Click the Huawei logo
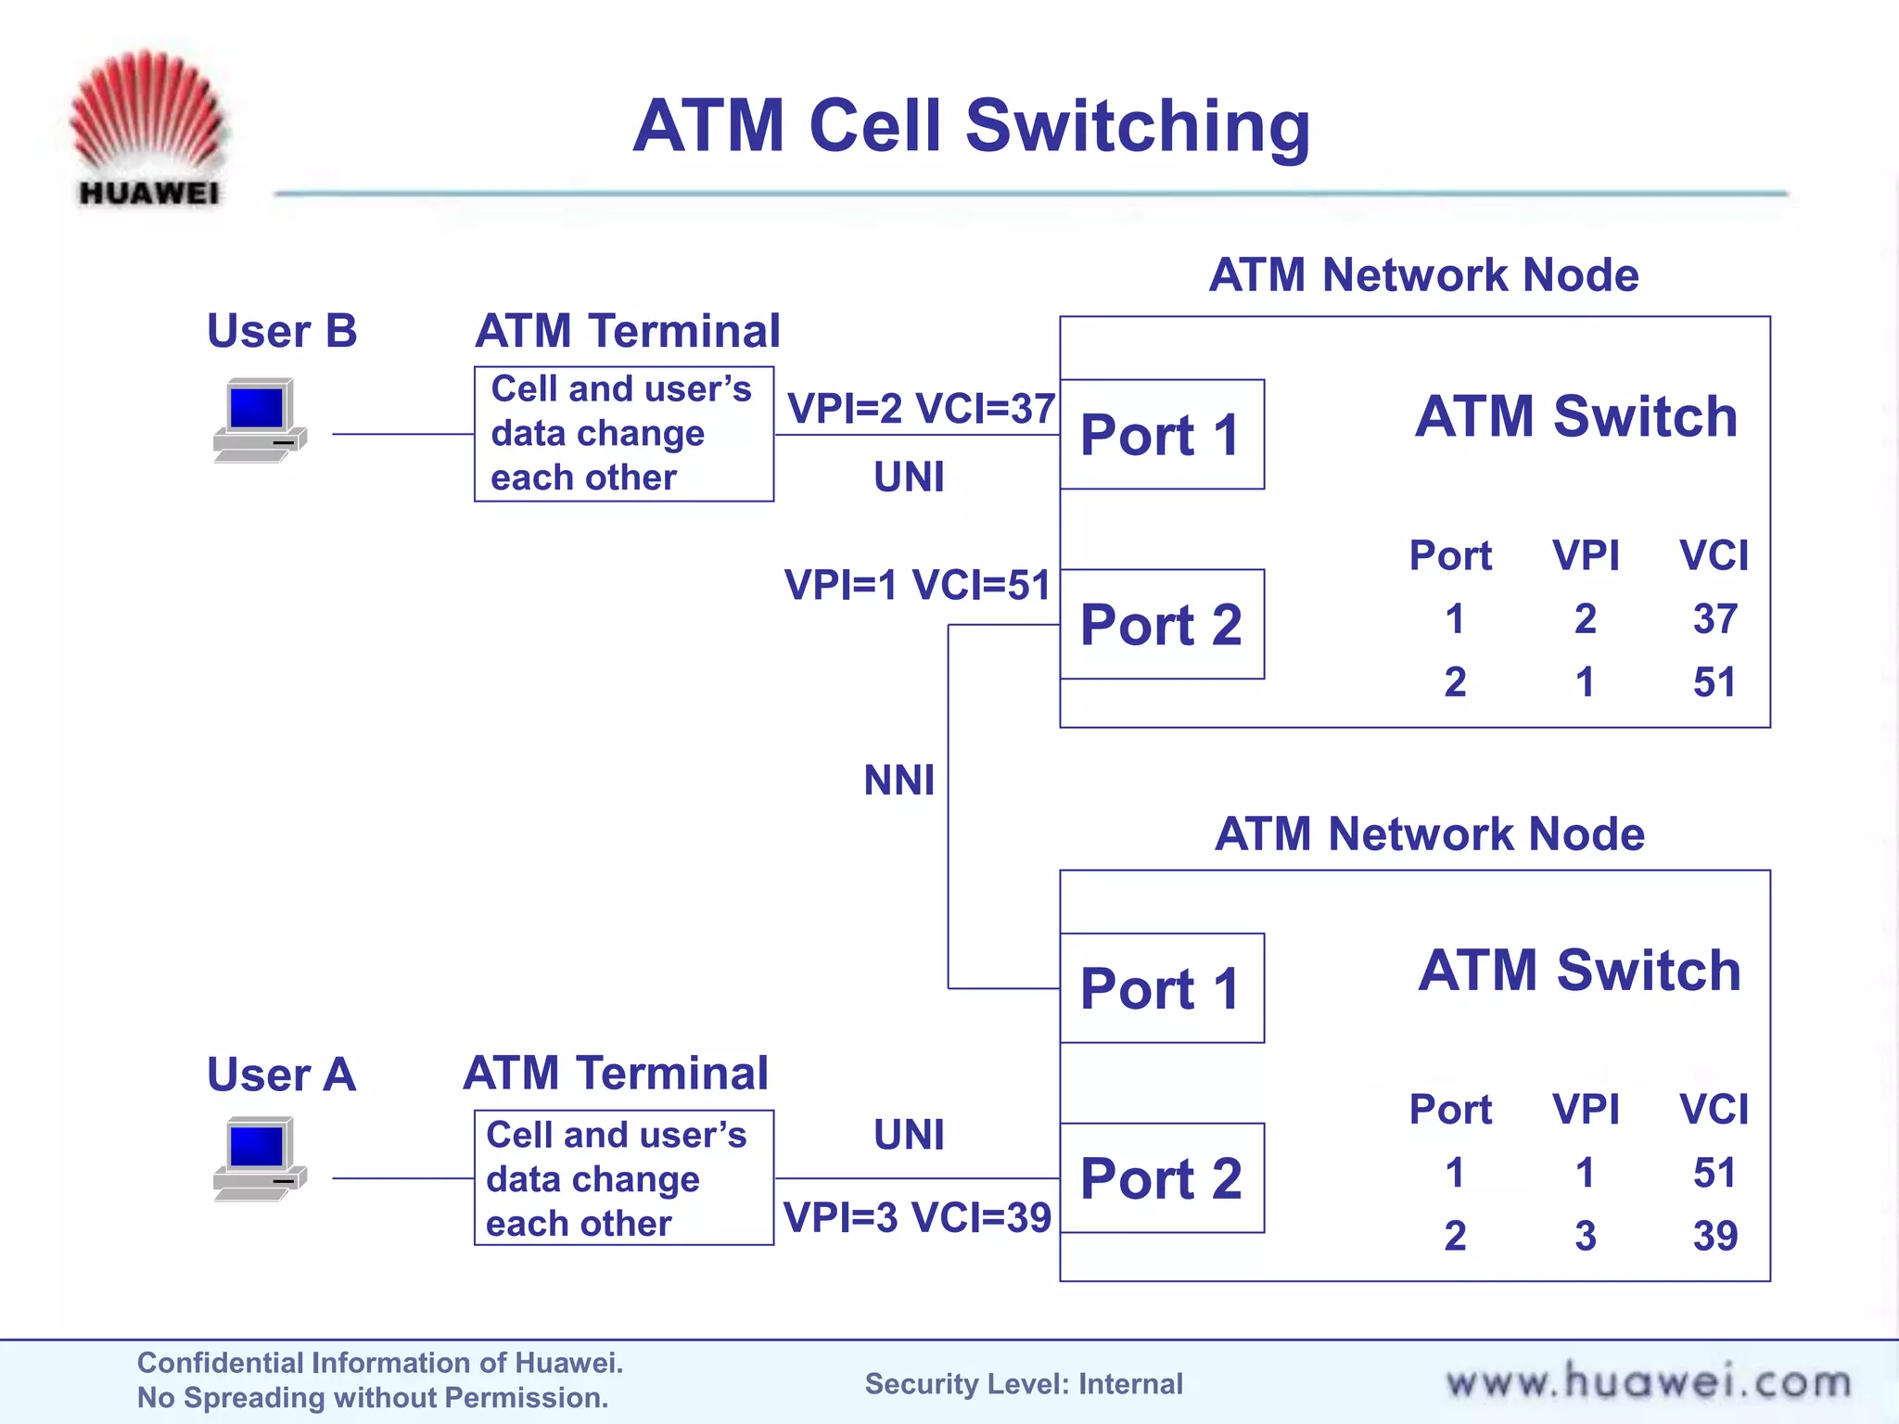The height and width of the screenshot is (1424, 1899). pos(148,128)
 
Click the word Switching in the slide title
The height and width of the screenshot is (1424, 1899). pos(1138,126)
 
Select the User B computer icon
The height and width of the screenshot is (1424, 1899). pos(259,420)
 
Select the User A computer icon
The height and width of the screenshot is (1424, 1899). pos(259,1160)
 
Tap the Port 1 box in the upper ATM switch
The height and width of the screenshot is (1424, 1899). pos(1161,434)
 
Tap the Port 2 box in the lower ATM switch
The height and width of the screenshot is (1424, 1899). pos(1161,1178)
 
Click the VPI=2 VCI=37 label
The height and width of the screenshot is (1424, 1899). pos(921,409)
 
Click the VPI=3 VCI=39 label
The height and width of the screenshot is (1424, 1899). pos(917,1217)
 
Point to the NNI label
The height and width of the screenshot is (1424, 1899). pos(899,781)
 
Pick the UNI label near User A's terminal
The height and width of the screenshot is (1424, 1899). pos(909,1135)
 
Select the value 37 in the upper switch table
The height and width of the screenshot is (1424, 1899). pos(1714,619)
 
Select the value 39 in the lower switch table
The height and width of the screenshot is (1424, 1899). pos(1714,1236)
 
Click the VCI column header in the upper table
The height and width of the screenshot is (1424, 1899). pos(1714,555)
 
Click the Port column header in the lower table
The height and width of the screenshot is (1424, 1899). pos(1450,1110)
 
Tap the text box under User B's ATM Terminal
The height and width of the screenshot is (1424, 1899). pos(623,434)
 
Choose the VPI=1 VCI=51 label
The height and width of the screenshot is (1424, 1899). pos(917,585)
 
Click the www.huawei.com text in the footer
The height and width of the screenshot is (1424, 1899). pos(1648,1382)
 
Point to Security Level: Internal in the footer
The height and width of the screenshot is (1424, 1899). pos(1024,1384)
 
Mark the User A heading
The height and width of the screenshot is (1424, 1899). pos(281,1074)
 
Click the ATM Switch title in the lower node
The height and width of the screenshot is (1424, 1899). pos(1579,971)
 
